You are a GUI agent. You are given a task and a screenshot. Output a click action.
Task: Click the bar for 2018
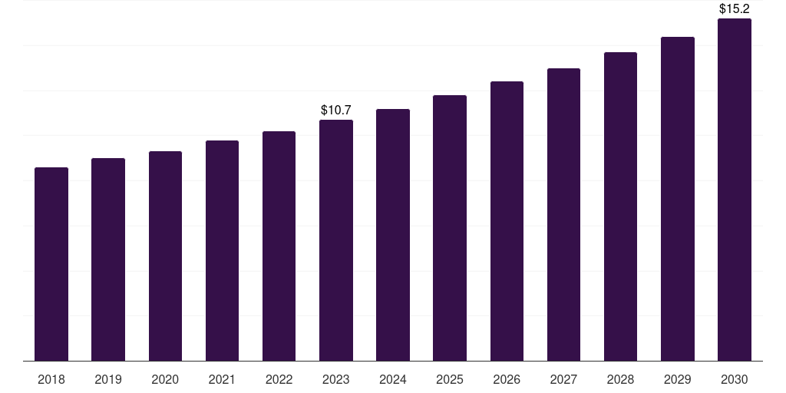(51, 264)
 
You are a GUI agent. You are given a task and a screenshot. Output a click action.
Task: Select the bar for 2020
(165, 256)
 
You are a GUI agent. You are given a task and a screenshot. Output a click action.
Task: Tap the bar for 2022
(279, 246)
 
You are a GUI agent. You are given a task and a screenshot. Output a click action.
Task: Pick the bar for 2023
(336, 240)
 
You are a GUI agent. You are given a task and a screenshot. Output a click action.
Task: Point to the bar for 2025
(450, 228)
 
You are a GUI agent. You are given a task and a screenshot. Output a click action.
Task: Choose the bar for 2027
(563, 215)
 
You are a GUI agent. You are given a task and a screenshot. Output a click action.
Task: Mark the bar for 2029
(677, 199)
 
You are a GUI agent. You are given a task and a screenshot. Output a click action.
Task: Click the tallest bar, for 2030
(734, 190)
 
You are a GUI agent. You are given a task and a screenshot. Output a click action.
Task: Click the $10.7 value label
(336, 111)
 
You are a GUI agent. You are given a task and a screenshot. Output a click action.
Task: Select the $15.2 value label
(734, 9)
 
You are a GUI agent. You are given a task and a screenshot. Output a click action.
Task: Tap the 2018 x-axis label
(51, 379)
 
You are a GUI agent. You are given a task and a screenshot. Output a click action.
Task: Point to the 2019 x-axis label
(108, 379)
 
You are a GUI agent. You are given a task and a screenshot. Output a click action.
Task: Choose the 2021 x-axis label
(222, 379)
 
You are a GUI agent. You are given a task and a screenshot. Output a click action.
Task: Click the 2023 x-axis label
(336, 379)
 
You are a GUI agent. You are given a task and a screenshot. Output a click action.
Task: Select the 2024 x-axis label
(393, 379)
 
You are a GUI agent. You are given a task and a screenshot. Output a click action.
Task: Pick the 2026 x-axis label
(507, 379)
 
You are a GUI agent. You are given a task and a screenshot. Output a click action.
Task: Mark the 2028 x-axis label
(620, 379)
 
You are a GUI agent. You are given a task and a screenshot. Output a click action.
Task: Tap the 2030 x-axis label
(734, 379)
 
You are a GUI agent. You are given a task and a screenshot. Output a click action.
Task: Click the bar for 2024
(393, 235)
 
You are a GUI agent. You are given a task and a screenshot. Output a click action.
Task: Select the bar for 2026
(507, 221)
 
